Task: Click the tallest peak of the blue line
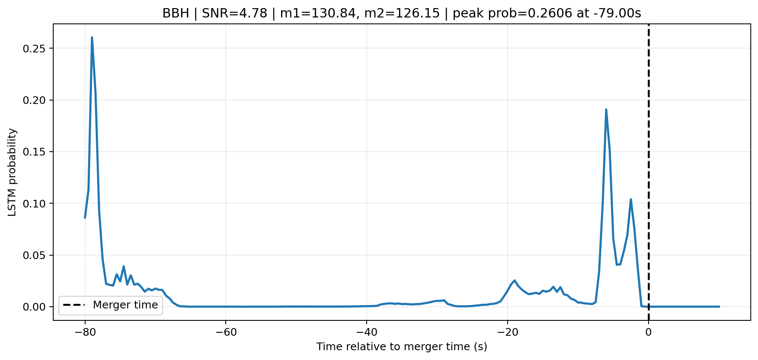(92, 37)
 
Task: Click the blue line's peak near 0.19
(606, 109)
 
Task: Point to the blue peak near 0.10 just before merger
(631, 199)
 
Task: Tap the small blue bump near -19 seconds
(514, 280)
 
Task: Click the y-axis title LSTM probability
(12, 172)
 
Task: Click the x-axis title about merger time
(402, 347)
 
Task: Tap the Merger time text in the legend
(125, 305)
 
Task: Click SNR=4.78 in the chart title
(235, 13)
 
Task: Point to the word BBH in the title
(176, 13)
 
